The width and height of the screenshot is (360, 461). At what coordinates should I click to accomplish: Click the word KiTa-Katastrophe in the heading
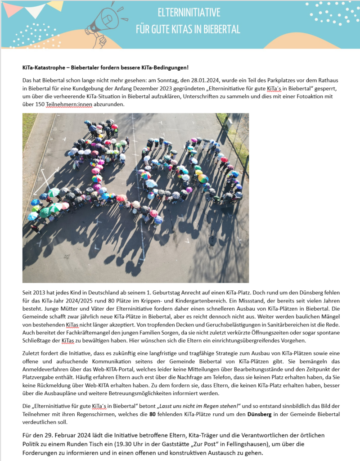pyautogui.click(x=42, y=68)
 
